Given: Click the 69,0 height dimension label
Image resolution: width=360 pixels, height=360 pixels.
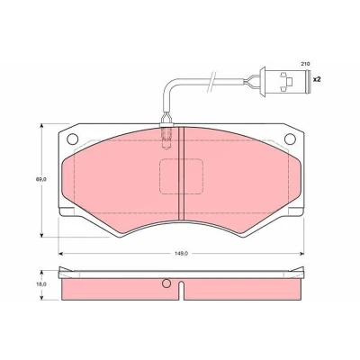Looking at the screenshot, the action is point(41,180).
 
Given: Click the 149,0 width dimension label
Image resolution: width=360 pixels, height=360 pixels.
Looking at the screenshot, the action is point(182,254).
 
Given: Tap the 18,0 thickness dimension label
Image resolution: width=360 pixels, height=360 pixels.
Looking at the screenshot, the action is point(41,283).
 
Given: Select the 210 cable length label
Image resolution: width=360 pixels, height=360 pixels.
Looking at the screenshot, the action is point(306,64).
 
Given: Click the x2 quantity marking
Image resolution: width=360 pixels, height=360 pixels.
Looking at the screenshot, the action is point(317,80).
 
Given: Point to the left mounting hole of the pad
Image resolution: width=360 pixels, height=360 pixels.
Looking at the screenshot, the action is point(73,139).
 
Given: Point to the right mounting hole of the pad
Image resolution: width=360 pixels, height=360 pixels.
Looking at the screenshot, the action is point(290,139).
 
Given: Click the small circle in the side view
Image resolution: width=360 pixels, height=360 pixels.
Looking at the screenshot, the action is point(166,283).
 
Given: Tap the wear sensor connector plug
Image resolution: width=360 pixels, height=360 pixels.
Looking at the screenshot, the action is point(286,82).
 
